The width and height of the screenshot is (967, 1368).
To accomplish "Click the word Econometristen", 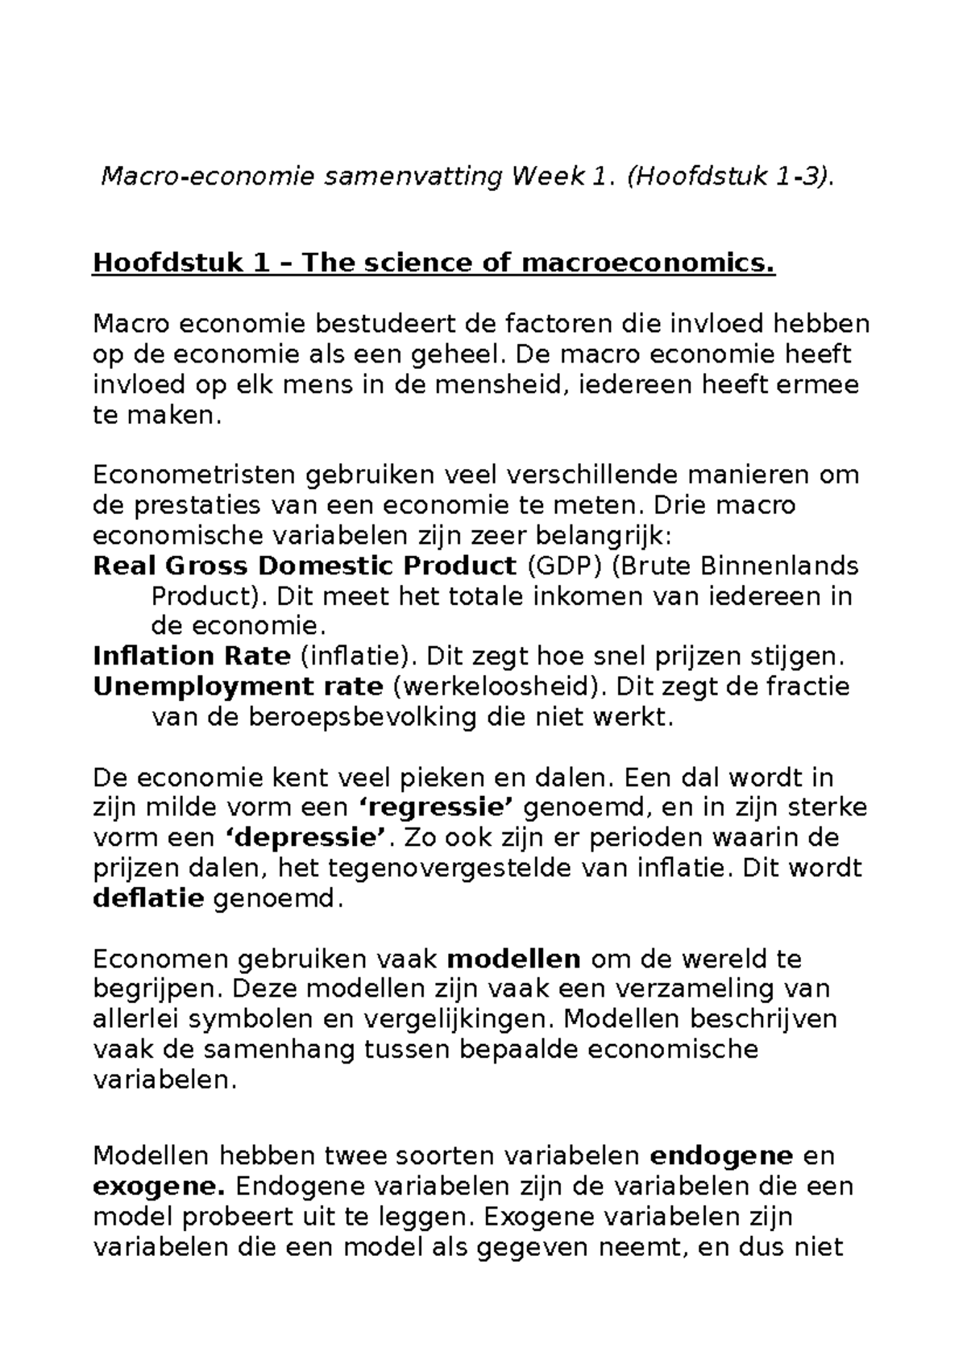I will pos(193,475).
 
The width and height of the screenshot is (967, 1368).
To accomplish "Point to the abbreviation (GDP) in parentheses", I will pos(564,566).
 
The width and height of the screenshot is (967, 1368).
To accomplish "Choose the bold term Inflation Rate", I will pos(192,657).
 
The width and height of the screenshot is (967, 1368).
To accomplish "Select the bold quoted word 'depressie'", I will pos(301,838).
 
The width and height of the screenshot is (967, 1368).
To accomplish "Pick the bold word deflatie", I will pos(148,898).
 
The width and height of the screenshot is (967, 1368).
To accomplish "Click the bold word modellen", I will pos(513,960).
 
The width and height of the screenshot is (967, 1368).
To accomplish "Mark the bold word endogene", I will pos(721,1157).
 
